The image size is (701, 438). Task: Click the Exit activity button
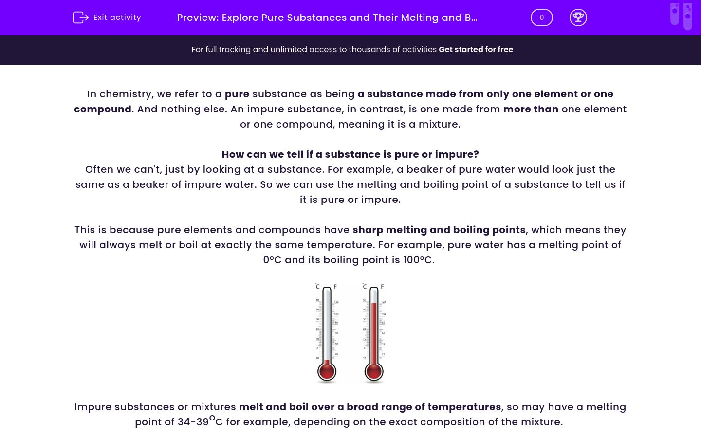tap(107, 18)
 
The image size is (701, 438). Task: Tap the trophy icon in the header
tap(578, 18)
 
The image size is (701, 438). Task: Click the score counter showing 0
tap(541, 18)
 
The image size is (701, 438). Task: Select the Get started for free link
tap(476, 49)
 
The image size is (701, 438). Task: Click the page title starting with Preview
tap(327, 18)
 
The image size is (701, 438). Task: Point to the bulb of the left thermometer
tap(327, 371)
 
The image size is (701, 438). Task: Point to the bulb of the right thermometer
tap(374, 371)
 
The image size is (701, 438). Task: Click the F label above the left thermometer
tap(335, 287)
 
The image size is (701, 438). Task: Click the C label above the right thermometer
tap(365, 287)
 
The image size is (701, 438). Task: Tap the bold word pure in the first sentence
tap(237, 94)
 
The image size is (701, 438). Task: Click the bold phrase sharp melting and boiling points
tap(439, 230)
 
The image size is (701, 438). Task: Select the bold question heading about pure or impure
tap(350, 154)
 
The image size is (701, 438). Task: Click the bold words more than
tap(531, 109)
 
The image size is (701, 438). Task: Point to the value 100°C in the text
tap(418, 260)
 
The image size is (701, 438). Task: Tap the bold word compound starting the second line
tap(103, 109)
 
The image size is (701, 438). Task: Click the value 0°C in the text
tap(272, 260)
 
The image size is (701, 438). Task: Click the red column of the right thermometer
tap(374, 331)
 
